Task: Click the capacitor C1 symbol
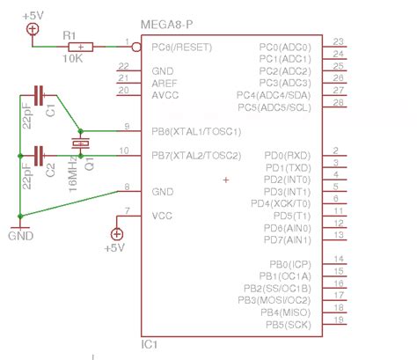[x=39, y=94]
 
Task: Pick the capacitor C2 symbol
[x=39, y=156]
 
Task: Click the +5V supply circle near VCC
[x=115, y=233]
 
